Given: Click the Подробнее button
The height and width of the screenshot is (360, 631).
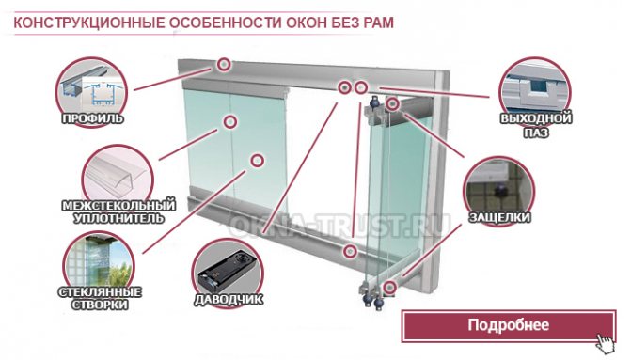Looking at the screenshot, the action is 509,325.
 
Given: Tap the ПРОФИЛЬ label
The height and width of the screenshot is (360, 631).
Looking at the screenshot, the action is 92,118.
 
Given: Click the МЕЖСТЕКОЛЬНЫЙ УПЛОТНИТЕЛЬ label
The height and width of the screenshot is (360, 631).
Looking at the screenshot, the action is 119,211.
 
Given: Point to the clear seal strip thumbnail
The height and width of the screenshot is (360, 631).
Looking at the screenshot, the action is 118,176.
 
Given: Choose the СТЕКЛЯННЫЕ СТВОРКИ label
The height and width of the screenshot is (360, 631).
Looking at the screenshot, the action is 100,298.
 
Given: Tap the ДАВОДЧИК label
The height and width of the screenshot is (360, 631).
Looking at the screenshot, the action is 229,299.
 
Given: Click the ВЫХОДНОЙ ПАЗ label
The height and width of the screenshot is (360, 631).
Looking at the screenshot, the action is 536,125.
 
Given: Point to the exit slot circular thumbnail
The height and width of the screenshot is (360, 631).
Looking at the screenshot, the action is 535,91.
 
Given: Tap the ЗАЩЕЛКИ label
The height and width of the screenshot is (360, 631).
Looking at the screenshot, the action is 499,217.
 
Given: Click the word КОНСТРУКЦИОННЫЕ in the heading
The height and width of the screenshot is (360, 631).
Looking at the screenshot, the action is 89,23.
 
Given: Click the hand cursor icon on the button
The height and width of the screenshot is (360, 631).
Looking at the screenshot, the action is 606,343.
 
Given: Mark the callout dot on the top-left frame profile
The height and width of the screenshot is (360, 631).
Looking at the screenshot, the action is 224,64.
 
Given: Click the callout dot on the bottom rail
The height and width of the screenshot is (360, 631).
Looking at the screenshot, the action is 350,251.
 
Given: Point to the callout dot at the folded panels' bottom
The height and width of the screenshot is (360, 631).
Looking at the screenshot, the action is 389,288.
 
